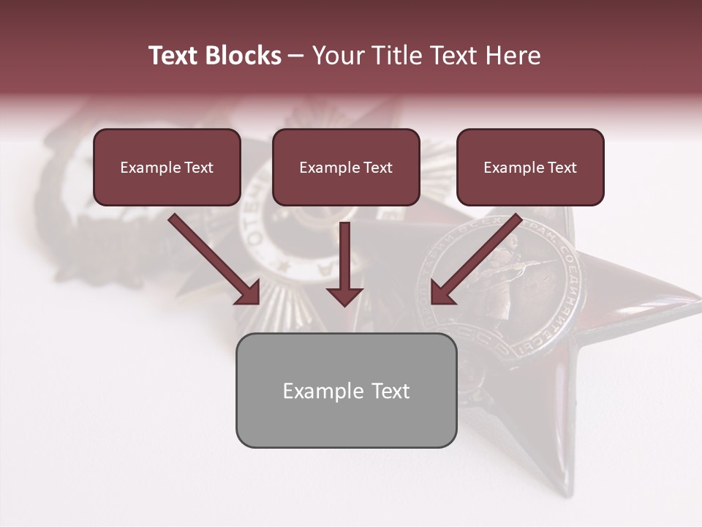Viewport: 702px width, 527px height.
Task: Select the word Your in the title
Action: pos(337,56)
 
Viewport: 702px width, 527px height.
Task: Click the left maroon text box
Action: pos(167,167)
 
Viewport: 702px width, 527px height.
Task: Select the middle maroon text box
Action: pos(346,167)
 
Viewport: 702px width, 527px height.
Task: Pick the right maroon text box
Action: pos(530,167)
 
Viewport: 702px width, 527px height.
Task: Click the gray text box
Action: pos(346,390)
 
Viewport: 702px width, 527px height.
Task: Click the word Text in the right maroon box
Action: pos(562,168)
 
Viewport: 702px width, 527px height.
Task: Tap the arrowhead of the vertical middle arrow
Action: pos(344,295)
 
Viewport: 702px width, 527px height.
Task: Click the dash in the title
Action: pos(296,56)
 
